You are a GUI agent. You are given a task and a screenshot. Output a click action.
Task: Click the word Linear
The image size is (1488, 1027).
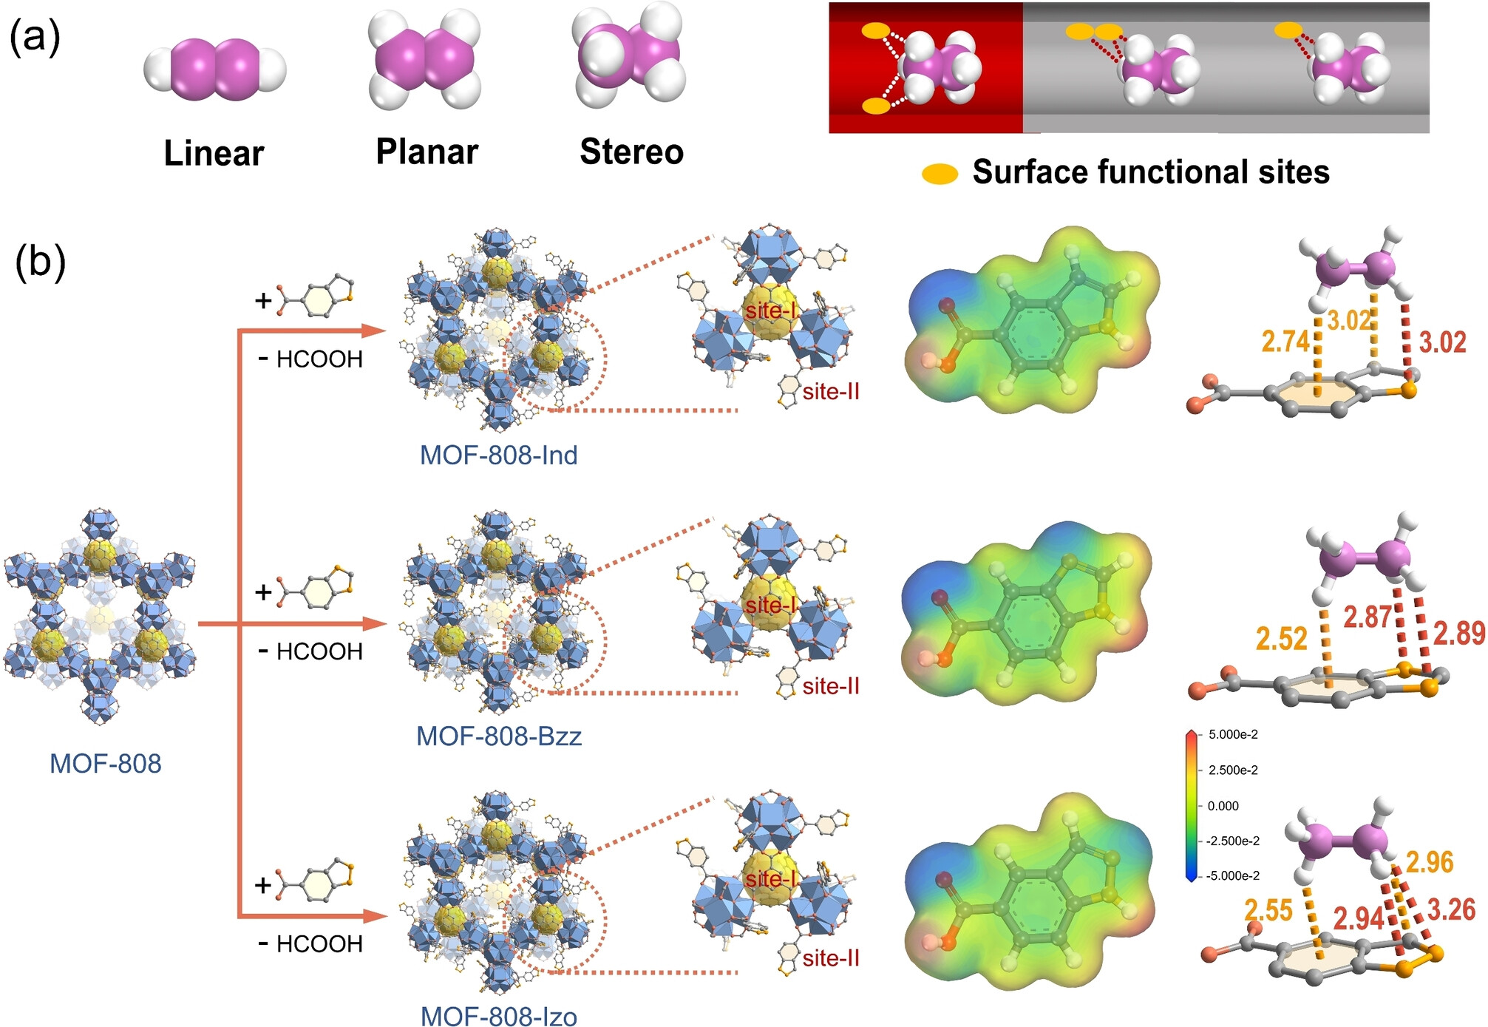[x=214, y=153]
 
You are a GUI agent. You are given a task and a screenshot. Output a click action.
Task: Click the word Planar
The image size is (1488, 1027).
[x=427, y=152]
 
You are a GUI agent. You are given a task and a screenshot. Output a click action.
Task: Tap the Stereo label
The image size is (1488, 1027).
[x=631, y=152]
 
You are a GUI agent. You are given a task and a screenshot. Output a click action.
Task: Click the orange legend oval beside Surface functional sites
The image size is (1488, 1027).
[x=940, y=174]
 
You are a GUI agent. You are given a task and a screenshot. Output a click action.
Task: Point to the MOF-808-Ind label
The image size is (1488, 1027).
[x=498, y=455]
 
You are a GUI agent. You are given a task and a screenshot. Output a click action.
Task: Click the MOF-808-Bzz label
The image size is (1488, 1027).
[x=499, y=736]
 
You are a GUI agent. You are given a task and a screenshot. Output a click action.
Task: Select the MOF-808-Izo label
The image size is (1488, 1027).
[x=498, y=1015]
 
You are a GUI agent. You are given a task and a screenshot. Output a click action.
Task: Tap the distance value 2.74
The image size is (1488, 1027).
[x=1285, y=342]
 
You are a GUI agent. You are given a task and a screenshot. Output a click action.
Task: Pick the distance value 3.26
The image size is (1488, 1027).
[x=1451, y=909]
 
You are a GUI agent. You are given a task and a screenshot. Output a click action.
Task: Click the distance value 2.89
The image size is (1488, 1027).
[x=1459, y=633]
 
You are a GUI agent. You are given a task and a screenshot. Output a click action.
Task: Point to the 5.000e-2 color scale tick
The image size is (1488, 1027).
[x=1233, y=734]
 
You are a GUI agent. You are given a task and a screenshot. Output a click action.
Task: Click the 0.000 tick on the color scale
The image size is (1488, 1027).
[x=1223, y=806]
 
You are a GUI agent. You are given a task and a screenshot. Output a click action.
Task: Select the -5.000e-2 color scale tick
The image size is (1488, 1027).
[x=1232, y=875]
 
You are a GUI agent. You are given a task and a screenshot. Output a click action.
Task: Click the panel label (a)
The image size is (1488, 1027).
[x=34, y=37]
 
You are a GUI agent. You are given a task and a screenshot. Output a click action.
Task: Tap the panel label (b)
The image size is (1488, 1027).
[x=40, y=262]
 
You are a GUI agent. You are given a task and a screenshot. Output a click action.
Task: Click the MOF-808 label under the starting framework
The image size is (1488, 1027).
[x=105, y=763]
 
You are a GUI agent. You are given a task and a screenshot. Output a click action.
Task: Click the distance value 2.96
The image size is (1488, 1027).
[x=1430, y=862]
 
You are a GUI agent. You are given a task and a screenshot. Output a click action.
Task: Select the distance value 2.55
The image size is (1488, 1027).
[x=1268, y=910]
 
